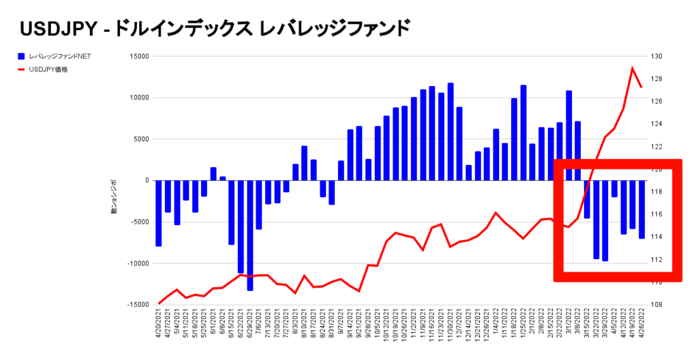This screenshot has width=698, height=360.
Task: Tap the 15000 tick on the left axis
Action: (138, 57)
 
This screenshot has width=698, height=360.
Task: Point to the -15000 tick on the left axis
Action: (137, 304)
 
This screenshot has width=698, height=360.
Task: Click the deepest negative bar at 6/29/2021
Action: (250, 235)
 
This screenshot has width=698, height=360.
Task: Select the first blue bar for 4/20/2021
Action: (159, 213)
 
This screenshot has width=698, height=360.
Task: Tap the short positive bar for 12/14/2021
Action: (469, 172)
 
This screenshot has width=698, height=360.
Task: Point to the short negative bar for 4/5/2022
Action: (614, 188)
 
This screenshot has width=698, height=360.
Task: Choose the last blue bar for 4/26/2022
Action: (641, 209)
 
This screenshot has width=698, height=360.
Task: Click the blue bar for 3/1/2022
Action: (568, 136)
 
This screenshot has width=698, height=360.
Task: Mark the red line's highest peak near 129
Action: (633, 68)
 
